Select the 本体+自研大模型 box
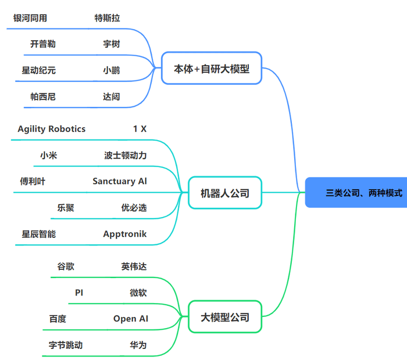pyautogui.click(x=212, y=69)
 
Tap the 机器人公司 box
pyautogui.click(x=225, y=193)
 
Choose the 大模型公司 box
pyautogui.click(x=225, y=317)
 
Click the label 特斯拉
pyautogui.click(x=108, y=18)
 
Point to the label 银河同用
pyautogui.click(x=30, y=18)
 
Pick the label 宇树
pyautogui.click(x=112, y=44)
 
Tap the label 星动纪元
pyautogui.click(x=39, y=70)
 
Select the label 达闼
pyautogui.click(x=112, y=97)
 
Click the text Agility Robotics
pyautogui.click(x=52, y=129)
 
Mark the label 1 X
pyautogui.click(x=140, y=129)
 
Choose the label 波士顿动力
pyautogui.click(x=126, y=155)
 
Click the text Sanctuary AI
pyautogui.click(x=120, y=181)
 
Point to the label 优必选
pyautogui.click(x=134, y=208)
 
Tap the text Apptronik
pyautogui.click(x=125, y=234)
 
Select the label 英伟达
pyautogui.click(x=134, y=266)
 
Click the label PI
pyautogui.click(x=79, y=293)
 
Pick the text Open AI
pyautogui.click(x=131, y=319)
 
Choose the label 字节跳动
pyautogui.click(x=66, y=345)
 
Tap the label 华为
pyautogui.click(x=138, y=345)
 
